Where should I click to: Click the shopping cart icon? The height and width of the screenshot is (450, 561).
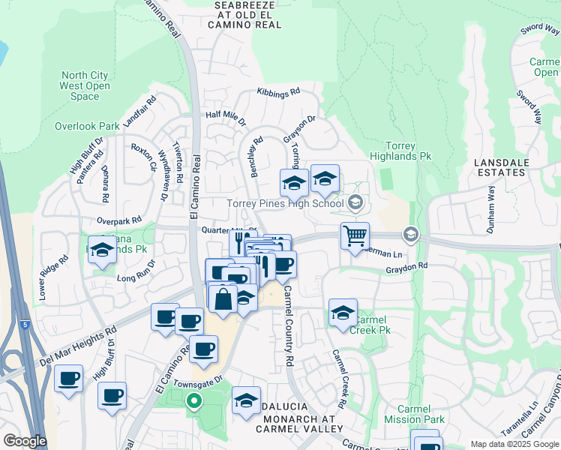coord(355,235)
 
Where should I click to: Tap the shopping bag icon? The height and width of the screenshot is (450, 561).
coord(223,298)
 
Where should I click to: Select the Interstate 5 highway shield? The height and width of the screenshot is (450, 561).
coord(25,325)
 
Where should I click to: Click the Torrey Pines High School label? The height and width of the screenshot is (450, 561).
coord(286,203)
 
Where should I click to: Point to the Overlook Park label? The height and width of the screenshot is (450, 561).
coord(87,127)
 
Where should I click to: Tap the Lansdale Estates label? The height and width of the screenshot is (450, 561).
coord(502,166)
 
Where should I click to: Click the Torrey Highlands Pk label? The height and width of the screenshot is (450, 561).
coord(408,151)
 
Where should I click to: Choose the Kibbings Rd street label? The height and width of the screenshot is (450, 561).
coord(278,91)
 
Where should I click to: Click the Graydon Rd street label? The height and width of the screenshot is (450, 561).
coord(406,266)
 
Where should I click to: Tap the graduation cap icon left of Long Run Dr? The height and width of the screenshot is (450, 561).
coord(102,250)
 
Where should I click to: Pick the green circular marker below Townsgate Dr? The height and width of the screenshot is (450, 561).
coord(193,401)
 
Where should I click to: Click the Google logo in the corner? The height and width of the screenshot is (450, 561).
coord(24,441)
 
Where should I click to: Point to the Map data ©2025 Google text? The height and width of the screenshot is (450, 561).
coord(514,444)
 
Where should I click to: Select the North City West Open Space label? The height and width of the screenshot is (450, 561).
coord(85,85)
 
